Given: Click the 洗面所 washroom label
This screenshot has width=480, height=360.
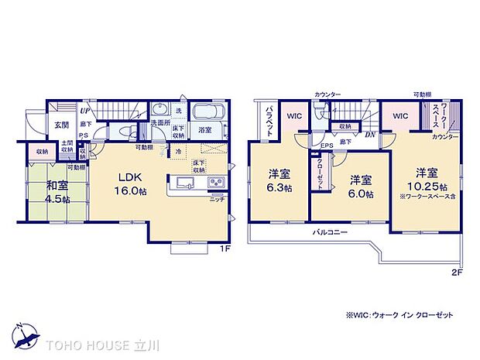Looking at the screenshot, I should pyautogui.click(x=160, y=122).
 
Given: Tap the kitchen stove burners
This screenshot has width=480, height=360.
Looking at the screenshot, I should pyautogui.click(x=214, y=183).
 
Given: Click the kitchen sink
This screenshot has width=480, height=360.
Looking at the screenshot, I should pyautogui.click(x=186, y=183).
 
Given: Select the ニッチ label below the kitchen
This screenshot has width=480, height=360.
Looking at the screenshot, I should pyautogui.click(x=218, y=198).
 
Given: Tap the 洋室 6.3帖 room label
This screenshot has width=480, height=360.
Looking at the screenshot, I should pyautogui.click(x=278, y=181).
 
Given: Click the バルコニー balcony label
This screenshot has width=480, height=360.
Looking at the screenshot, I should pyautogui.click(x=330, y=232).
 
